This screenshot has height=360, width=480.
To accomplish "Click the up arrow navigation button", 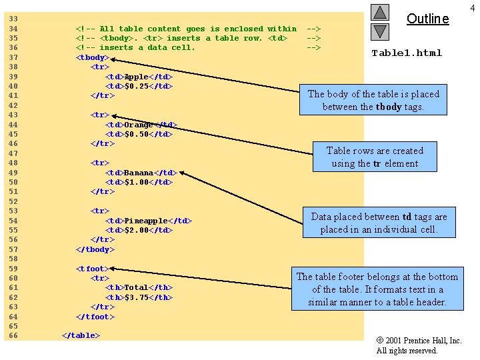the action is (380, 12).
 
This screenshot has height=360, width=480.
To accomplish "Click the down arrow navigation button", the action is (380, 32).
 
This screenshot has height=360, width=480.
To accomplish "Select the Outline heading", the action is (427, 19).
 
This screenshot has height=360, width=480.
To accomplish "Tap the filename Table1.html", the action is (407, 53).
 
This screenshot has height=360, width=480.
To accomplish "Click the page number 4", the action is (473, 8).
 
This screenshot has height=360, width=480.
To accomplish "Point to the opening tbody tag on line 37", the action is (93, 57).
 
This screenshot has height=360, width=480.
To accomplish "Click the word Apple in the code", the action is (136, 77).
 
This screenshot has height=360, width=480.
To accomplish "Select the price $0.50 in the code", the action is (136, 134).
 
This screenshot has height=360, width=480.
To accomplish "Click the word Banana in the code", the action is (139, 173).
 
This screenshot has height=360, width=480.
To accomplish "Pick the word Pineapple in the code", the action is (146, 221).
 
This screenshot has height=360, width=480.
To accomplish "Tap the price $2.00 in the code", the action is (136, 230).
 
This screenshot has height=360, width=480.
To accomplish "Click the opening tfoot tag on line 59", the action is (93, 269).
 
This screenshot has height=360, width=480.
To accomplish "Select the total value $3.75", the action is (136, 297).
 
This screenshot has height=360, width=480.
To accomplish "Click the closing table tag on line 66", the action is (81, 335).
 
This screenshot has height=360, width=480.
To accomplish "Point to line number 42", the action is (13, 105).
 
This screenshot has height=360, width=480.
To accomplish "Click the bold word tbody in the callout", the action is (389, 107).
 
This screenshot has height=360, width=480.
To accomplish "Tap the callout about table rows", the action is (375, 157).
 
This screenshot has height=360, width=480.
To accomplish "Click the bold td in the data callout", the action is (407, 217).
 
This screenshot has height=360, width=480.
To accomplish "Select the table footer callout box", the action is (377, 289).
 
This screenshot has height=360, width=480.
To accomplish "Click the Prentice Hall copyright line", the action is (419, 341).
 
